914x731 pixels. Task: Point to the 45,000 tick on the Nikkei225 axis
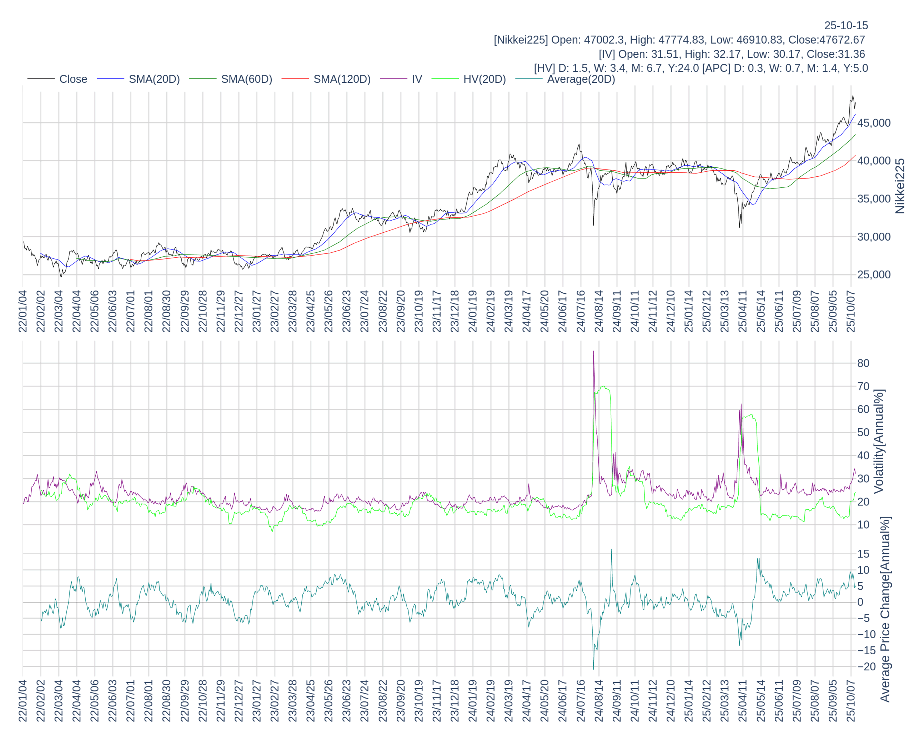[874, 123]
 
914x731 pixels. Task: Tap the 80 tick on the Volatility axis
[863, 363]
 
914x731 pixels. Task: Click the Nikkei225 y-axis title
[900, 186]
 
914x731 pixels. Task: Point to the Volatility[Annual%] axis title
[879, 441]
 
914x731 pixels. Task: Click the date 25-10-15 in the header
[846, 25]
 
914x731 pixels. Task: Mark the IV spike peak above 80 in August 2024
[593, 351]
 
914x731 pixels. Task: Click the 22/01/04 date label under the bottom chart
[23, 701]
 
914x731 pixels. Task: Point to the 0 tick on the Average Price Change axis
[860, 602]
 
